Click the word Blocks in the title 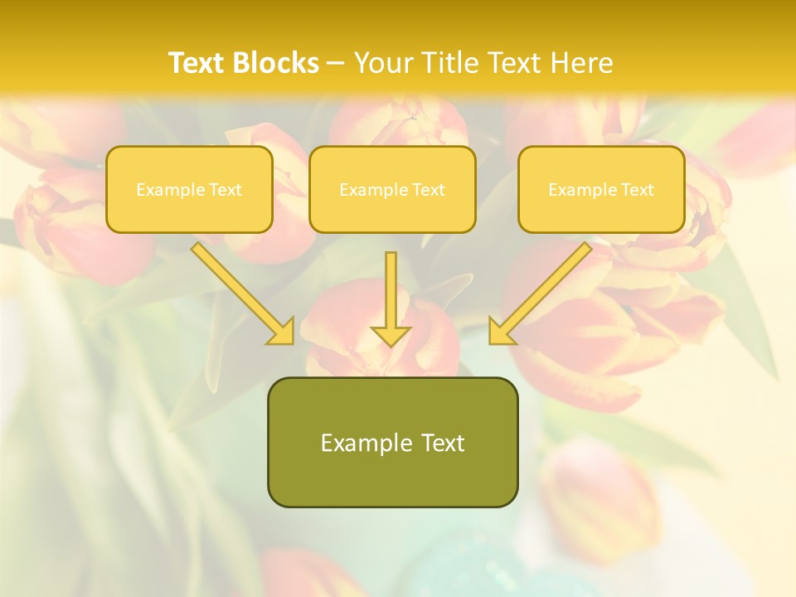pyautogui.click(x=278, y=63)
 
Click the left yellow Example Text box pyautogui.click(x=189, y=189)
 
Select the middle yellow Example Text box pyautogui.click(x=392, y=189)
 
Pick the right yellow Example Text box pyautogui.click(x=601, y=189)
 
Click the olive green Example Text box pyautogui.click(x=392, y=442)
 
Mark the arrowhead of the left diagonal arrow pyautogui.click(x=283, y=332)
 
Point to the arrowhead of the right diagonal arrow pyautogui.click(x=500, y=332)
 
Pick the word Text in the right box pyautogui.click(x=637, y=190)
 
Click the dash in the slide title pyautogui.click(x=336, y=63)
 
